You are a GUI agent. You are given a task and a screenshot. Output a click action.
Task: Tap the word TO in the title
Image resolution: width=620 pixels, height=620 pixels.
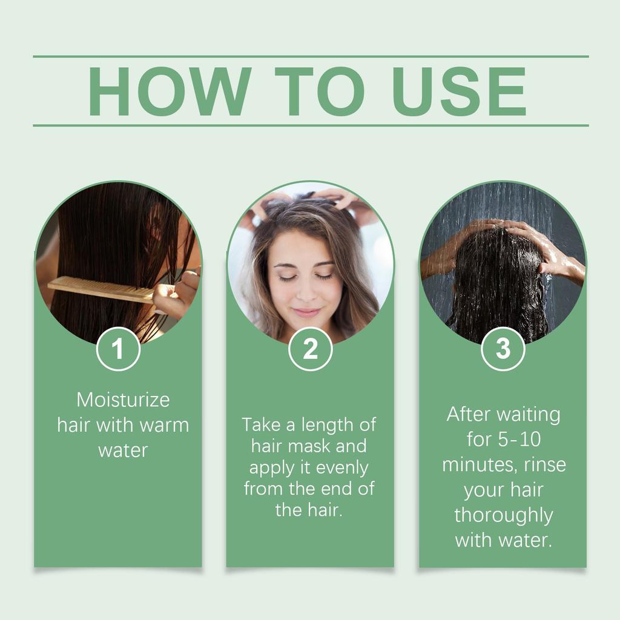[x=319, y=91]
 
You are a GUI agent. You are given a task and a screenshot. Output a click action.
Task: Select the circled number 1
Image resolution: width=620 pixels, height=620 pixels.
[x=118, y=349]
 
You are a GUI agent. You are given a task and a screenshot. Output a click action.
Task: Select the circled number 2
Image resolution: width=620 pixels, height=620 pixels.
[x=310, y=349]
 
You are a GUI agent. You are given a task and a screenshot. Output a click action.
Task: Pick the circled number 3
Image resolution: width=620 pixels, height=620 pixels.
[x=503, y=349]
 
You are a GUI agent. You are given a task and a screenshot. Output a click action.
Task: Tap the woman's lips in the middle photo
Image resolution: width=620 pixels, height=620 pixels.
[x=307, y=312]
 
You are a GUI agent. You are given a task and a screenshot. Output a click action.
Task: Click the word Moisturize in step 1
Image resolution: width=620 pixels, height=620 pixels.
[x=123, y=400]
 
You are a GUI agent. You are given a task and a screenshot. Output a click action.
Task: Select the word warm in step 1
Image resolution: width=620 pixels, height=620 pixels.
[x=164, y=425]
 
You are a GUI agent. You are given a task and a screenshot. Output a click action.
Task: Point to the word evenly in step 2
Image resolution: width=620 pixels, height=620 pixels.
[x=342, y=468]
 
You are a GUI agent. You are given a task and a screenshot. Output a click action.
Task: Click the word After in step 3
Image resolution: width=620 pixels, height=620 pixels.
[x=469, y=415]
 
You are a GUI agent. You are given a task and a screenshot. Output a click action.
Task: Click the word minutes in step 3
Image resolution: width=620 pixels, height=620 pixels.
[x=478, y=465]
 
